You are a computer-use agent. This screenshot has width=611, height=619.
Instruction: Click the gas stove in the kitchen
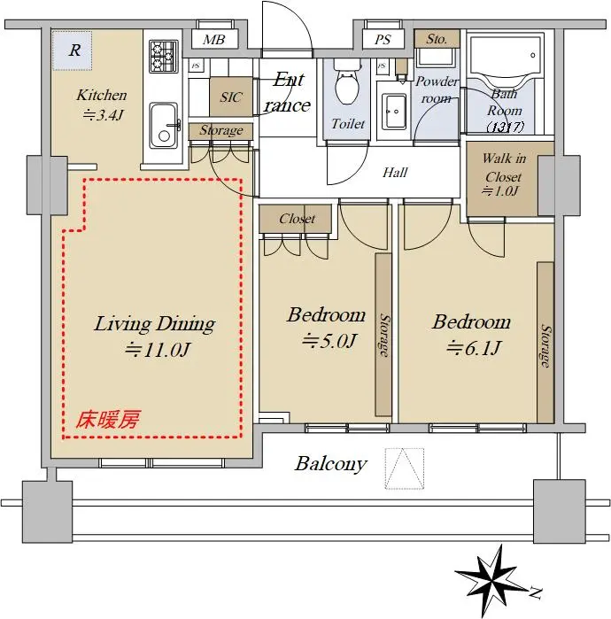point(163,56)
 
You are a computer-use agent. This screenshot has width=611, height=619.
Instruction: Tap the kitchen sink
point(164,125)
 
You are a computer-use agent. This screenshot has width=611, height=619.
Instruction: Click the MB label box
point(214,40)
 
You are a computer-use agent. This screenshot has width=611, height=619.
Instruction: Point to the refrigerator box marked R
point(73,50)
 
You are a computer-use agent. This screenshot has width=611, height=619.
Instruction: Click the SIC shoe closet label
point(231,97)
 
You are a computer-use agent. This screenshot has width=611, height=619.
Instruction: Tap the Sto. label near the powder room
point(437,39)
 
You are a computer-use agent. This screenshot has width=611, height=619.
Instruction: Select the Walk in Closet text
point(504,167)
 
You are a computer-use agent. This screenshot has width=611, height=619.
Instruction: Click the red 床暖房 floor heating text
point(108,420)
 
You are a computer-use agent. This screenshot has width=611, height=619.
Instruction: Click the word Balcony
point(331,464)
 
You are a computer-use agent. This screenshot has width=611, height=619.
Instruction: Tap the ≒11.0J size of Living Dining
point(159,350)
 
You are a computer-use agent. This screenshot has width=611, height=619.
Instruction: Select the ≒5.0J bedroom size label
point(329,341)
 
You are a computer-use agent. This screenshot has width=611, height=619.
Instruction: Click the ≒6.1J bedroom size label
point(474,347)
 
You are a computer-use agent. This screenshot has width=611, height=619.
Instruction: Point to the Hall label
point(395,173)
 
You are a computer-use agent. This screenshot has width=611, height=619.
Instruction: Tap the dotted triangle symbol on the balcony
point(404,468)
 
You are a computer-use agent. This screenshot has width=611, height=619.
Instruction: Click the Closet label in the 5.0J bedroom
point(297,219)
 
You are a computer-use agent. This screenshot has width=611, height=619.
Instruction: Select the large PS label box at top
point(383,40)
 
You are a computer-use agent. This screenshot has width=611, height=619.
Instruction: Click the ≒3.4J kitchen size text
point(104,115)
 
